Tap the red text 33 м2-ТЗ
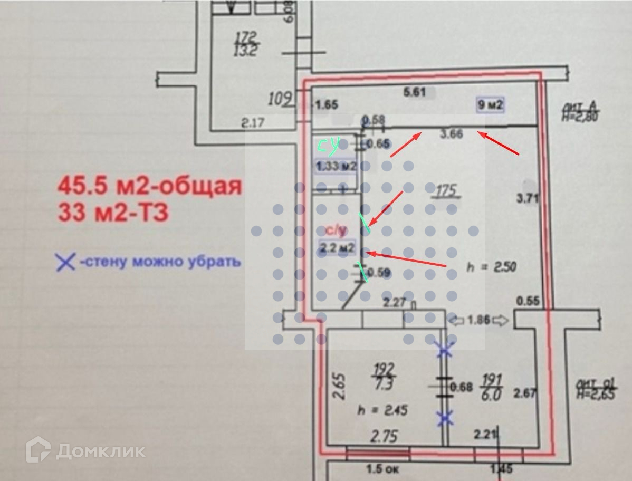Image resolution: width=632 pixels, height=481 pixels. pos(113,213)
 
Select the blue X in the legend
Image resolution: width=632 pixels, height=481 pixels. pos(65,262)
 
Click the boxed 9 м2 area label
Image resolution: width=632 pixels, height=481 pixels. pos(490,105)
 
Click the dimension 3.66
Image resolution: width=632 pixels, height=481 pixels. pos(452,134)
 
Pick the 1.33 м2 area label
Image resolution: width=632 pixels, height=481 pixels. pos(336,167)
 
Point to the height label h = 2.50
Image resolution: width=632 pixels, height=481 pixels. pos(491,267)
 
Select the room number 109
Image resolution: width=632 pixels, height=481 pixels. pos(280,98)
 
